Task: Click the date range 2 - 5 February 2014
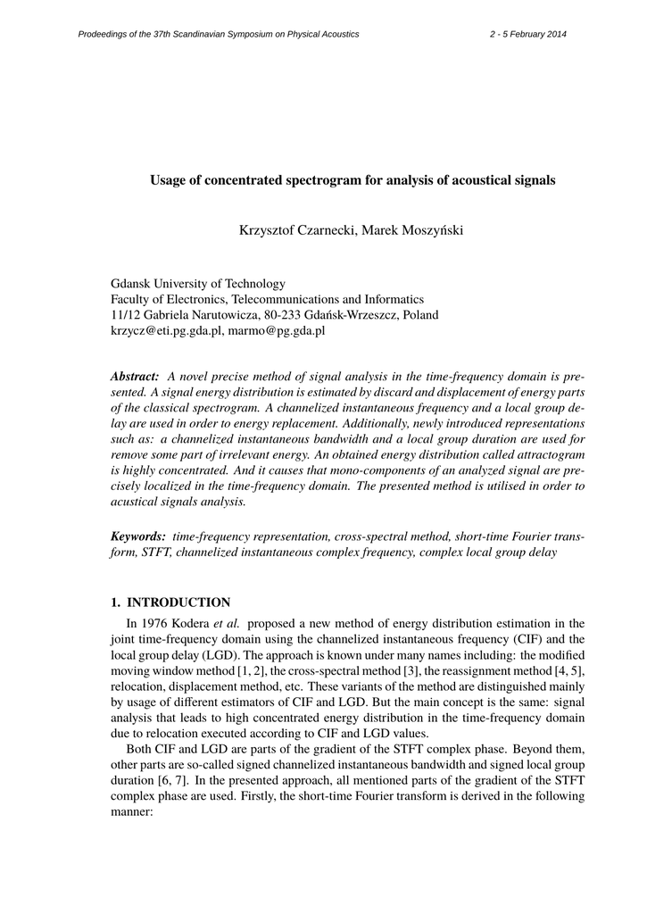(528, 34)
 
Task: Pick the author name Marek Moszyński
(412, 231)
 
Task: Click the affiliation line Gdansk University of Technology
(197, 284)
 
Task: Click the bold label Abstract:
(135, 378)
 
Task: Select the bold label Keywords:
(137, 536)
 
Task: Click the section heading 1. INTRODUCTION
(170, 602)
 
